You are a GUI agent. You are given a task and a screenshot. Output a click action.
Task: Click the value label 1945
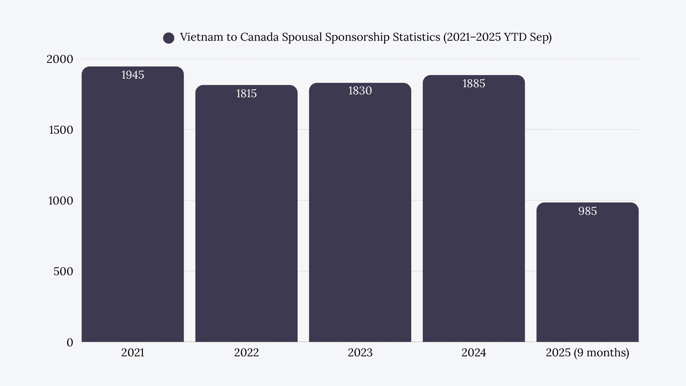133,75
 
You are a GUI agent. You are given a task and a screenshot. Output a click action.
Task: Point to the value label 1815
246,94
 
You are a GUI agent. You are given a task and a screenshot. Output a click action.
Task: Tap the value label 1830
360,91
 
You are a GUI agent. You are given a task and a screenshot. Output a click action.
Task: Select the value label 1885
473,84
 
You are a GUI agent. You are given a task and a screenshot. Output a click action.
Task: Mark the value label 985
587,211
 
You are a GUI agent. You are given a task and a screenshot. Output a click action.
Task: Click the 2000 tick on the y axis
60,59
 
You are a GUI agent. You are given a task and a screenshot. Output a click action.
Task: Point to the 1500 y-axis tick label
61,130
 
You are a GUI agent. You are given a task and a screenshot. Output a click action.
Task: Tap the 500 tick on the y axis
63,272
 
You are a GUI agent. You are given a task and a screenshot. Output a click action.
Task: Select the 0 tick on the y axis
70,342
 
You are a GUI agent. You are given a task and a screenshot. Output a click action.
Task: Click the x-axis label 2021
133,353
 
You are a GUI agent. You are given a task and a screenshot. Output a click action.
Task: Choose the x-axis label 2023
360,353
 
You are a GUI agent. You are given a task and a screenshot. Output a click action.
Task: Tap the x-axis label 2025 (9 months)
587,353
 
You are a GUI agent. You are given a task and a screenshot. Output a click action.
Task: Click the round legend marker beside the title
169,38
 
